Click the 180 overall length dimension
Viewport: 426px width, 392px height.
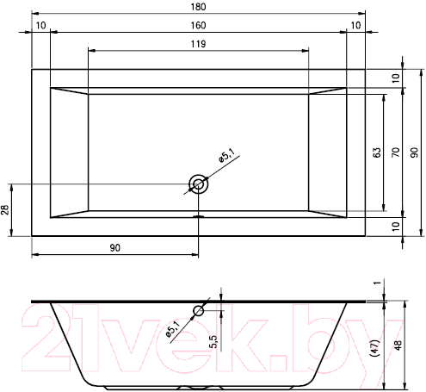198,7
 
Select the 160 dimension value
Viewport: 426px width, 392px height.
198,25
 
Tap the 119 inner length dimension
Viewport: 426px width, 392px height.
198,44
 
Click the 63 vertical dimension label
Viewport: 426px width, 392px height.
377,152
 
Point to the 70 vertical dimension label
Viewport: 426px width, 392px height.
396,152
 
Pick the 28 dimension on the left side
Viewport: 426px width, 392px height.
5,210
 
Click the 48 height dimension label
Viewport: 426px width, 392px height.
398,345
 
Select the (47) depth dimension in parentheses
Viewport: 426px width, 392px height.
375,348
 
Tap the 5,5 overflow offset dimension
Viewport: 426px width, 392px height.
213,342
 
